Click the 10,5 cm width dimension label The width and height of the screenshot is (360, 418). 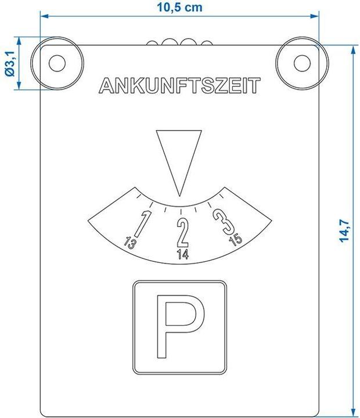coord(179,7)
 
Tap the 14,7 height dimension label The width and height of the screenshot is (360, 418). coord(344,230)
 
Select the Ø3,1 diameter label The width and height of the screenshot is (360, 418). coord(10,64)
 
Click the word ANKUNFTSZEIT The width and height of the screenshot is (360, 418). coord(179,85)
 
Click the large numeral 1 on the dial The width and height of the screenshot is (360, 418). coord(143,224)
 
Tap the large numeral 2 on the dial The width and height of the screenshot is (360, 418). coord(183,232)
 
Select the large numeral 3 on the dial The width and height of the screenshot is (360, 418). coord(224,221)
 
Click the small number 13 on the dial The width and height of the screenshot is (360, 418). coord(130,243)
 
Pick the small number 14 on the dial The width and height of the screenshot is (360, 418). coord(183,254)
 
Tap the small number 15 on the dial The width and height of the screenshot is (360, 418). coord(236,239)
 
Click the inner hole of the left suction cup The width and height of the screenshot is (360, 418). coord(57,63)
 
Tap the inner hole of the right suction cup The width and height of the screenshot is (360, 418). coord(302,63)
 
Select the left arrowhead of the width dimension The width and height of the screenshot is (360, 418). coord(44,16)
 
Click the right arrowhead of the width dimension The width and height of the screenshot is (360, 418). coord(315,16)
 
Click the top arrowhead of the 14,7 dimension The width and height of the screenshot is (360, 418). coord(354,50)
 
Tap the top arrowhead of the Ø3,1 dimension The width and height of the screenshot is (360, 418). coord(19,41)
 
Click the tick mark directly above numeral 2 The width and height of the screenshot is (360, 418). coord(181,212)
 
